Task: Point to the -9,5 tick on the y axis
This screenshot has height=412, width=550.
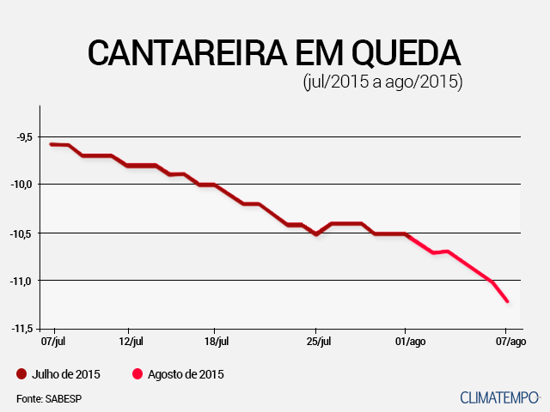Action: click(x=22, y=136)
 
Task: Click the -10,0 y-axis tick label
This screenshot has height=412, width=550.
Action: click(x=21, y=185)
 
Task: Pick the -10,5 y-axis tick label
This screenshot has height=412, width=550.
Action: click(x=21, y=233)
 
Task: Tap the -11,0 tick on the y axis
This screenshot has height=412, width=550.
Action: click(x=21, y=281)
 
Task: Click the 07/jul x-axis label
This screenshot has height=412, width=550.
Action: click(x=54, y=342)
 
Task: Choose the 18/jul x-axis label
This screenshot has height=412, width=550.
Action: click(x=217, y=342)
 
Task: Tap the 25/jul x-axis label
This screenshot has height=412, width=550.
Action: click(x=318, y=342)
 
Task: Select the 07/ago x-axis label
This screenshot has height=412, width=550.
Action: click(x=510, y=342)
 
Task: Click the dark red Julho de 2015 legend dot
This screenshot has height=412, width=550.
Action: click(x=21, y=374)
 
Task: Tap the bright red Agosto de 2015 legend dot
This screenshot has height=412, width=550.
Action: click(x=137, y=374)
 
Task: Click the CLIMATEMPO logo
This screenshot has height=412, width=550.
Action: click(x=499, y=397)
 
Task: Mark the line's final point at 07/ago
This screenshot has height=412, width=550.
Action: click(x=508, y=301)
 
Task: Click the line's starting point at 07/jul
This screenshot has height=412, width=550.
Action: click(x=52, y=144)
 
